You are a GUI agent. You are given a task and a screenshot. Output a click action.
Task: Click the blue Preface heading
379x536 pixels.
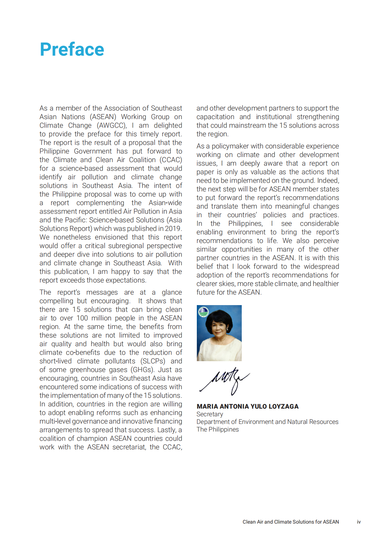[x=72, y=50]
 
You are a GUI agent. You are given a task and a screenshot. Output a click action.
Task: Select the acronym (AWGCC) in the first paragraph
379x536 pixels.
[x=112, y=125]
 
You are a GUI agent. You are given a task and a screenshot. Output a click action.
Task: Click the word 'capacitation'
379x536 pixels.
[x=215, y=117]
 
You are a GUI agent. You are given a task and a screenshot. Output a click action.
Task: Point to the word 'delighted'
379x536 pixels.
[x=168, y=125]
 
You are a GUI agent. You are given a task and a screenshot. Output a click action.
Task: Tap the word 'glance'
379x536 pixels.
[x=172, y=292]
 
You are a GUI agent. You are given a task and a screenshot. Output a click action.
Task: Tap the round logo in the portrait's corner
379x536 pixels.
[x=203, y=311]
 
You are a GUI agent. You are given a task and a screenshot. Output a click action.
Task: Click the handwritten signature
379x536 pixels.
[x=225, y=380]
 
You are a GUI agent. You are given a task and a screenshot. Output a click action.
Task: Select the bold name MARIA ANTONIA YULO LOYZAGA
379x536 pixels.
[x=247, y=406]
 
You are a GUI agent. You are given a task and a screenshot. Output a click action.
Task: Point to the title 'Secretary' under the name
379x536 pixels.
[x=210, y=414]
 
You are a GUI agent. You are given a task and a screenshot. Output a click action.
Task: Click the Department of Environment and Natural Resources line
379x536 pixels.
[x=267, y=422]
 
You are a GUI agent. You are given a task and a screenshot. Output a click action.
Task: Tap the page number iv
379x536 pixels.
[x=359, y=522]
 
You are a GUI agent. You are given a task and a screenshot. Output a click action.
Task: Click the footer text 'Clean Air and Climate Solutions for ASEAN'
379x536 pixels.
[x=290, y=522]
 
